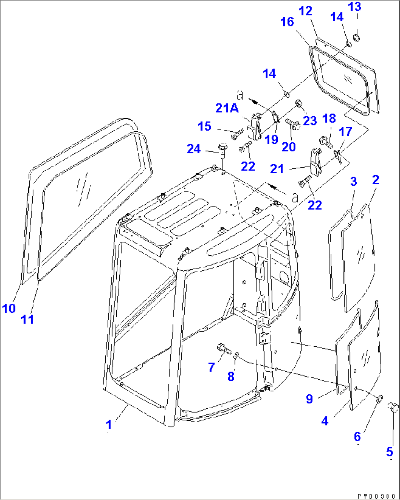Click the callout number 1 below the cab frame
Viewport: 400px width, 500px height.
pos(109,424)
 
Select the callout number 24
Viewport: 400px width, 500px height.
pos(194,149)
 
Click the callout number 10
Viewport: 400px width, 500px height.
pos(9,308)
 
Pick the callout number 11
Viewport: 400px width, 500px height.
pos(28,319)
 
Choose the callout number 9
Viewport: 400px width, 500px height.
pos(309,399)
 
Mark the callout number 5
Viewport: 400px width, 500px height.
pos(390,452)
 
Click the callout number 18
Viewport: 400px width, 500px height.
pos(329,118)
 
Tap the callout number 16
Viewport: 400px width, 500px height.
pos(287,22)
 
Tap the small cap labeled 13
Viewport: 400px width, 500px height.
pos(356,37)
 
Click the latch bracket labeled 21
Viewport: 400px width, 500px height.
pos(314,161)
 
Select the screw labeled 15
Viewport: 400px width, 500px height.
pos(237,134)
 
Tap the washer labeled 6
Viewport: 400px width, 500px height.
pos(379,398)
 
